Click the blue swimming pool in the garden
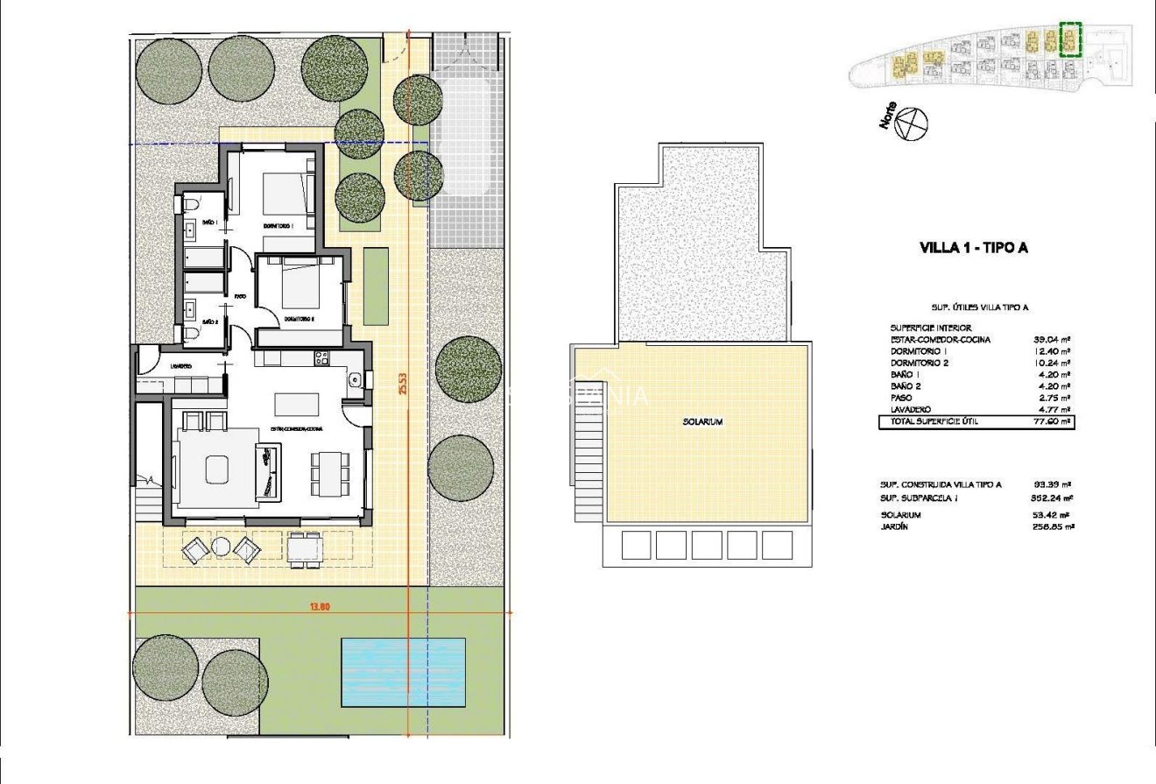click(x=403, y=672)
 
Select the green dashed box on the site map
click(x=1070, y=39)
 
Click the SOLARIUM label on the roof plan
click(x=702, y=422)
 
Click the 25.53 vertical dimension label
click(x=404, y=385)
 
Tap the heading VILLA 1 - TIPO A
click(x=973, y=248)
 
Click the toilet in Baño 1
click(x=190, y=204)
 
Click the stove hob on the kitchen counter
click(x=321, y=357)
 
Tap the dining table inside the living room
click(x=327, y=474)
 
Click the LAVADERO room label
click(x=181, y=366)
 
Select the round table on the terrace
click(x=222, y=547)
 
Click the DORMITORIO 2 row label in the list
click(x=920, y=363)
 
